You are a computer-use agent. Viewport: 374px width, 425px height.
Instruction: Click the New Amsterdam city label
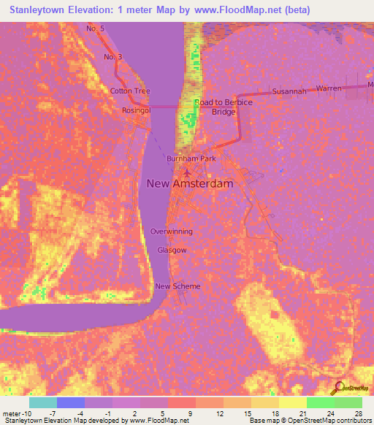tap(190, 184)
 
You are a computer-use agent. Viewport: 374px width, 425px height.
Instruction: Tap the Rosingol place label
tap(136, 110)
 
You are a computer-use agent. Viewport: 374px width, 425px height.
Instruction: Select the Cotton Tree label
tap(130, 91)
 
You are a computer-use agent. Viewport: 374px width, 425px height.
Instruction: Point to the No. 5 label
tap(96, 29)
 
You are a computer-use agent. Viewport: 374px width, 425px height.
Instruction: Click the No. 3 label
tap(112, 57)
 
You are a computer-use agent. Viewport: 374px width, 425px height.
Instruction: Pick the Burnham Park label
tap(191, 158)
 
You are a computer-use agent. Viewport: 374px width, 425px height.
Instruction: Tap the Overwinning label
tap(172, 231)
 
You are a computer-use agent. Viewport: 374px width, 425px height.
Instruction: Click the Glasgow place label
tap(172, 250)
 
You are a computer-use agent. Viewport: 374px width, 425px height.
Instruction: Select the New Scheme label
tap(178, 286)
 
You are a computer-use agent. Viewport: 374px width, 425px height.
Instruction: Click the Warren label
tap(329, 88)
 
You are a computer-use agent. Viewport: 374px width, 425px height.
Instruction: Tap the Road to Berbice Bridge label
tap(224, 107)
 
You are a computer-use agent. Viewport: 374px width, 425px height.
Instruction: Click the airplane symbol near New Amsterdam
tap(187, 173)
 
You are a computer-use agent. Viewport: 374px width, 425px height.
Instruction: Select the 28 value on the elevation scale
tap(358, 414)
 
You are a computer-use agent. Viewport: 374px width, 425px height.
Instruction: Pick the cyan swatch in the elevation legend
tap(43, 402)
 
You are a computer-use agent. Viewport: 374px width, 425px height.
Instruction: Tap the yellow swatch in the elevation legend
tap(292, 402)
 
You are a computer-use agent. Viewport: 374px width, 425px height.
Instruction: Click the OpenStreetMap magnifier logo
tap(339, 387)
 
